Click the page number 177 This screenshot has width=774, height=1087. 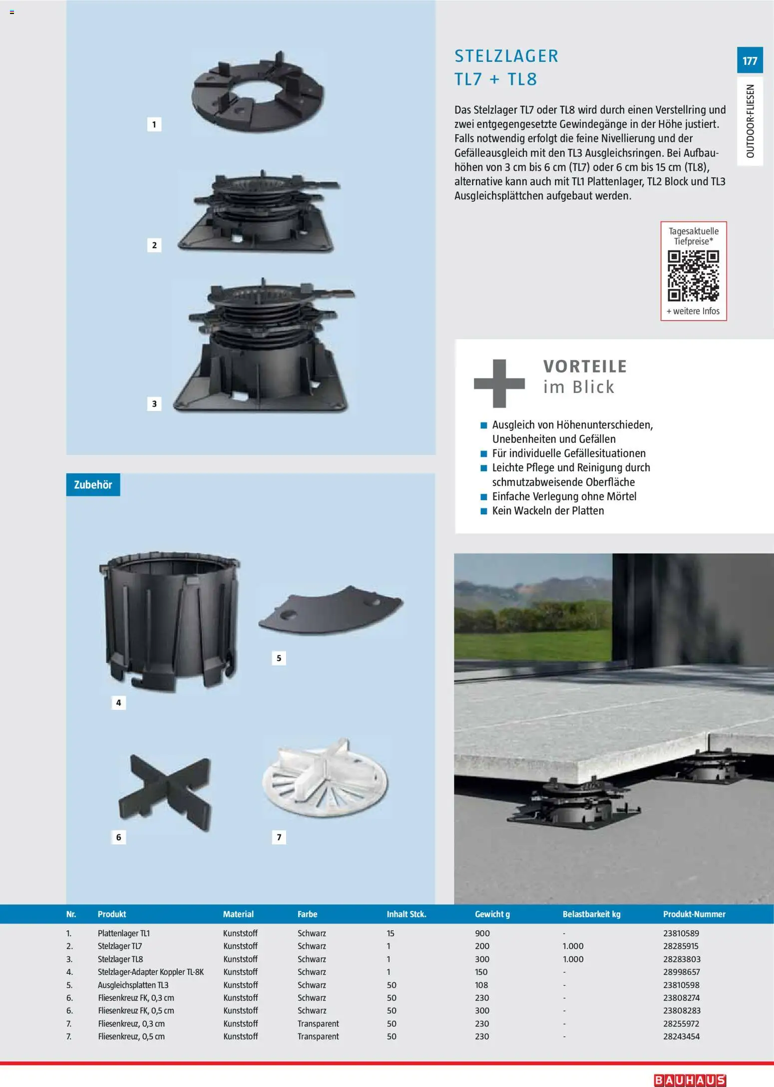pos(750,61)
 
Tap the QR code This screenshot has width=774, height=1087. pos(693,276)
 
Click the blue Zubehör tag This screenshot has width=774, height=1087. pos(93,484)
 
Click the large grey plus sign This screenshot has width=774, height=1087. pos(499,383)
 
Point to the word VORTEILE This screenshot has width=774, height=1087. pos(585,366)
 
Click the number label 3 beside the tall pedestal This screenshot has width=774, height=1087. pos(154,403)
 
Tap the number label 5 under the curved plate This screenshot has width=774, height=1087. pos(279,658)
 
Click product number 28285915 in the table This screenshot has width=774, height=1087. pos(681,946)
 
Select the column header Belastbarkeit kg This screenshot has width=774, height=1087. pos(591,914)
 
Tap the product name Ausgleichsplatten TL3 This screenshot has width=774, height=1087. pos(133,985)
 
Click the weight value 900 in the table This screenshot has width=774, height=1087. pos(482,933)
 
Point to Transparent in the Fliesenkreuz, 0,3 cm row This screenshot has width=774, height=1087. pos(318,1024)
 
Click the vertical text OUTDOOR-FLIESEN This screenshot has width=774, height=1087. pos(750,121)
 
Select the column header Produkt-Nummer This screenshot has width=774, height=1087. pos(694,914)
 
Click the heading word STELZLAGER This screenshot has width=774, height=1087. pos(506,56)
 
